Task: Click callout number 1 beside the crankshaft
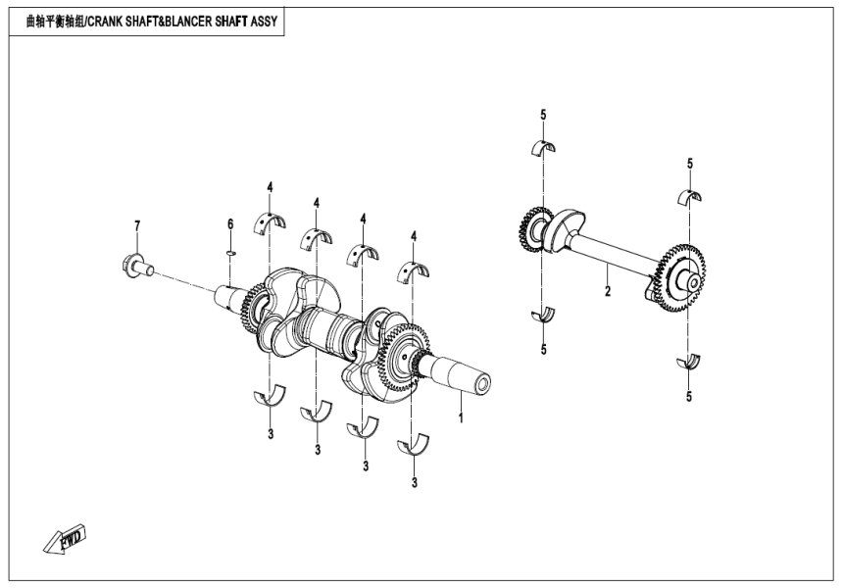[x=460, y=416]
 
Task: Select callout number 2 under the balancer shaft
[x=608, y=292]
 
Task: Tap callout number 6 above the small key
[x=230, y=225]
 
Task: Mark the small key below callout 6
[x=229, y=252]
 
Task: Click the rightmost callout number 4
[x=415, y=236]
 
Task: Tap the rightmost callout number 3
[x=415, y=482]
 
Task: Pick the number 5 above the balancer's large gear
[x=690, y=163]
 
